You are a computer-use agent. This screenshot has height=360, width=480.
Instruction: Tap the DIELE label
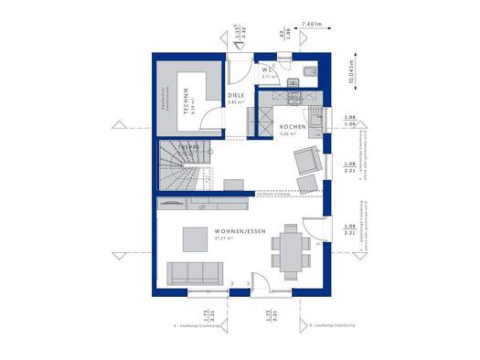pos(236,96)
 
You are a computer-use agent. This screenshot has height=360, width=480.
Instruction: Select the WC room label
pos(268,69)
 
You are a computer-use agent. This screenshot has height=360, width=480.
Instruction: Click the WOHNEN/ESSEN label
pos(240,232)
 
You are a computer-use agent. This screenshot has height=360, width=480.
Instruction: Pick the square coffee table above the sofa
pos(195,238)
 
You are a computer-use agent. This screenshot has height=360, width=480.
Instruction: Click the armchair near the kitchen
pos(305,162)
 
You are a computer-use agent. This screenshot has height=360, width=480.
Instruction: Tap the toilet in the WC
pos(306,71)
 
